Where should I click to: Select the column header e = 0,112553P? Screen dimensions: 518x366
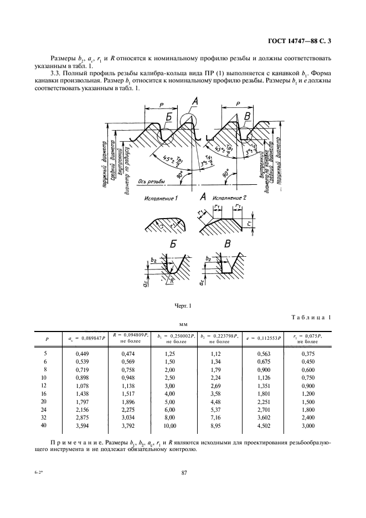263,337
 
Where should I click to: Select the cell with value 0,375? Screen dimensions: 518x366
308,353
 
